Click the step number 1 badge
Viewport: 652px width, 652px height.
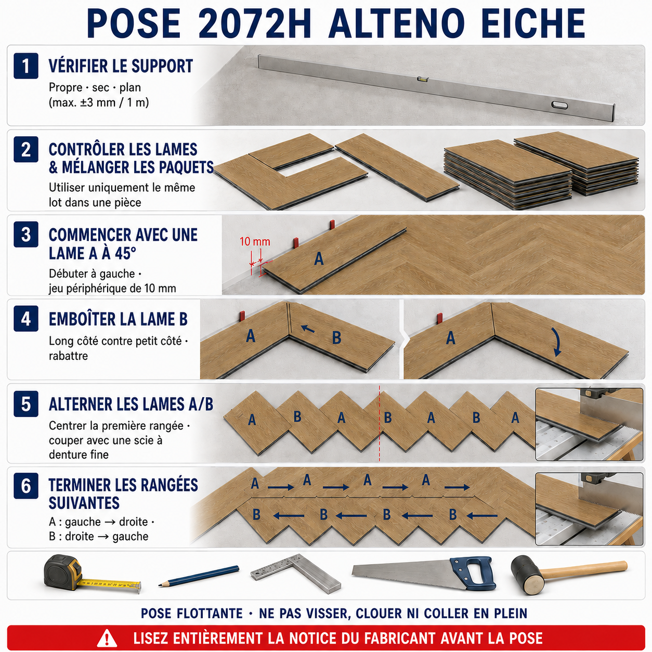25,66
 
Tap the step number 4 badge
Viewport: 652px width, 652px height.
25,319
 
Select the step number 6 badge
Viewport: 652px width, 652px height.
25,486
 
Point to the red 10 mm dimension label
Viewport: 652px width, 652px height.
255,242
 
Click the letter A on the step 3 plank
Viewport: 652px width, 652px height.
319,259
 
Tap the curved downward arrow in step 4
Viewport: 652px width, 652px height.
555,342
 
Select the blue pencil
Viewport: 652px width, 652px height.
199,576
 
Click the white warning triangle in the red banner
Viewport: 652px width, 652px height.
107,638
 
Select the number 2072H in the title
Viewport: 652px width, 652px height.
254,24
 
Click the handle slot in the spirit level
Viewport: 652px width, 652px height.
560,105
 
